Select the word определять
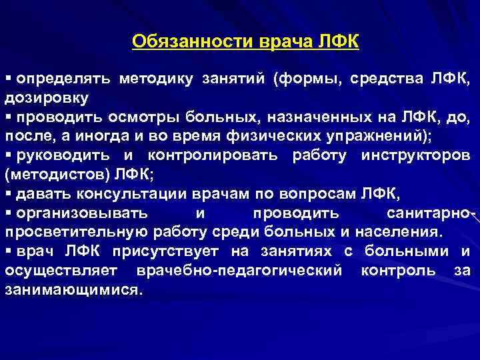point(61,80)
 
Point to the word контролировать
point(213,155)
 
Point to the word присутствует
point(176,252)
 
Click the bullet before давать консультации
point(8,193)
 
